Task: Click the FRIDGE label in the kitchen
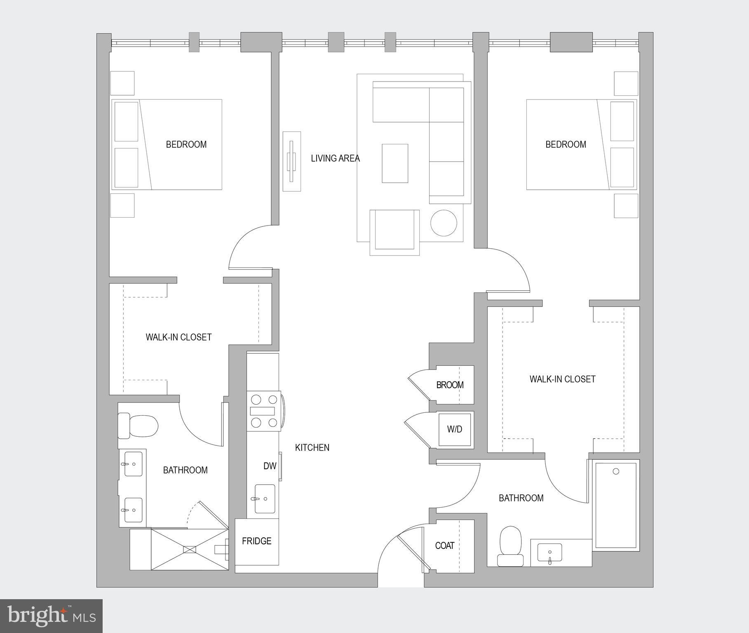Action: (x=256, y=541)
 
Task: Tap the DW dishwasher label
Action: (x=270, y=466)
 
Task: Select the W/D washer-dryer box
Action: (x=455, y=429)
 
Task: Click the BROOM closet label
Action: (x=450, y=385)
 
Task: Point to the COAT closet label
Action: (x=444, y=546)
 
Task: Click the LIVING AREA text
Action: (x=335, y=158)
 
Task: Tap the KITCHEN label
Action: (x=312, y=447)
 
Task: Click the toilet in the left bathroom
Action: (x=139, y=426)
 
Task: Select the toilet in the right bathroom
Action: (x=510, y=545)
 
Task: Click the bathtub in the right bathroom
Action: (x=616, y=505)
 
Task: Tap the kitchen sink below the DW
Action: (x=265, y=499)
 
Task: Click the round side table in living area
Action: (x=444, y=223)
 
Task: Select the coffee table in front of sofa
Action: (x=394, y=163)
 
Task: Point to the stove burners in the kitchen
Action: (x=264, y=411)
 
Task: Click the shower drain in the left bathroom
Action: (x=190, y=549)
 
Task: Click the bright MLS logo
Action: (x=51, y=616)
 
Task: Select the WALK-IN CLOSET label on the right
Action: (x=562, y=379)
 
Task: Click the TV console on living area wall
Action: (x=291, y=161)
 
